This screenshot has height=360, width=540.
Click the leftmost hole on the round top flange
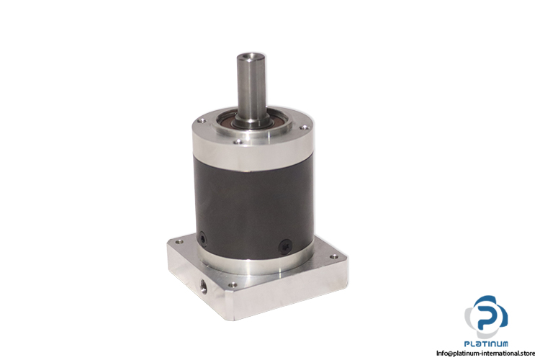click(x=202, y=121)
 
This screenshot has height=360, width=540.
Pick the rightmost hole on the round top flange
click(x=304, y=128)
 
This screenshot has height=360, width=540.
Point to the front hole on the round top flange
click(x=238, y=141)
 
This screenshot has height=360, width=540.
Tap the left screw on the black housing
click(x=202, y=238)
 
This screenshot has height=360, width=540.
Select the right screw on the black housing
click(x=285, y=246)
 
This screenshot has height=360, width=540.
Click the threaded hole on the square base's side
click(x=203, y=285)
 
